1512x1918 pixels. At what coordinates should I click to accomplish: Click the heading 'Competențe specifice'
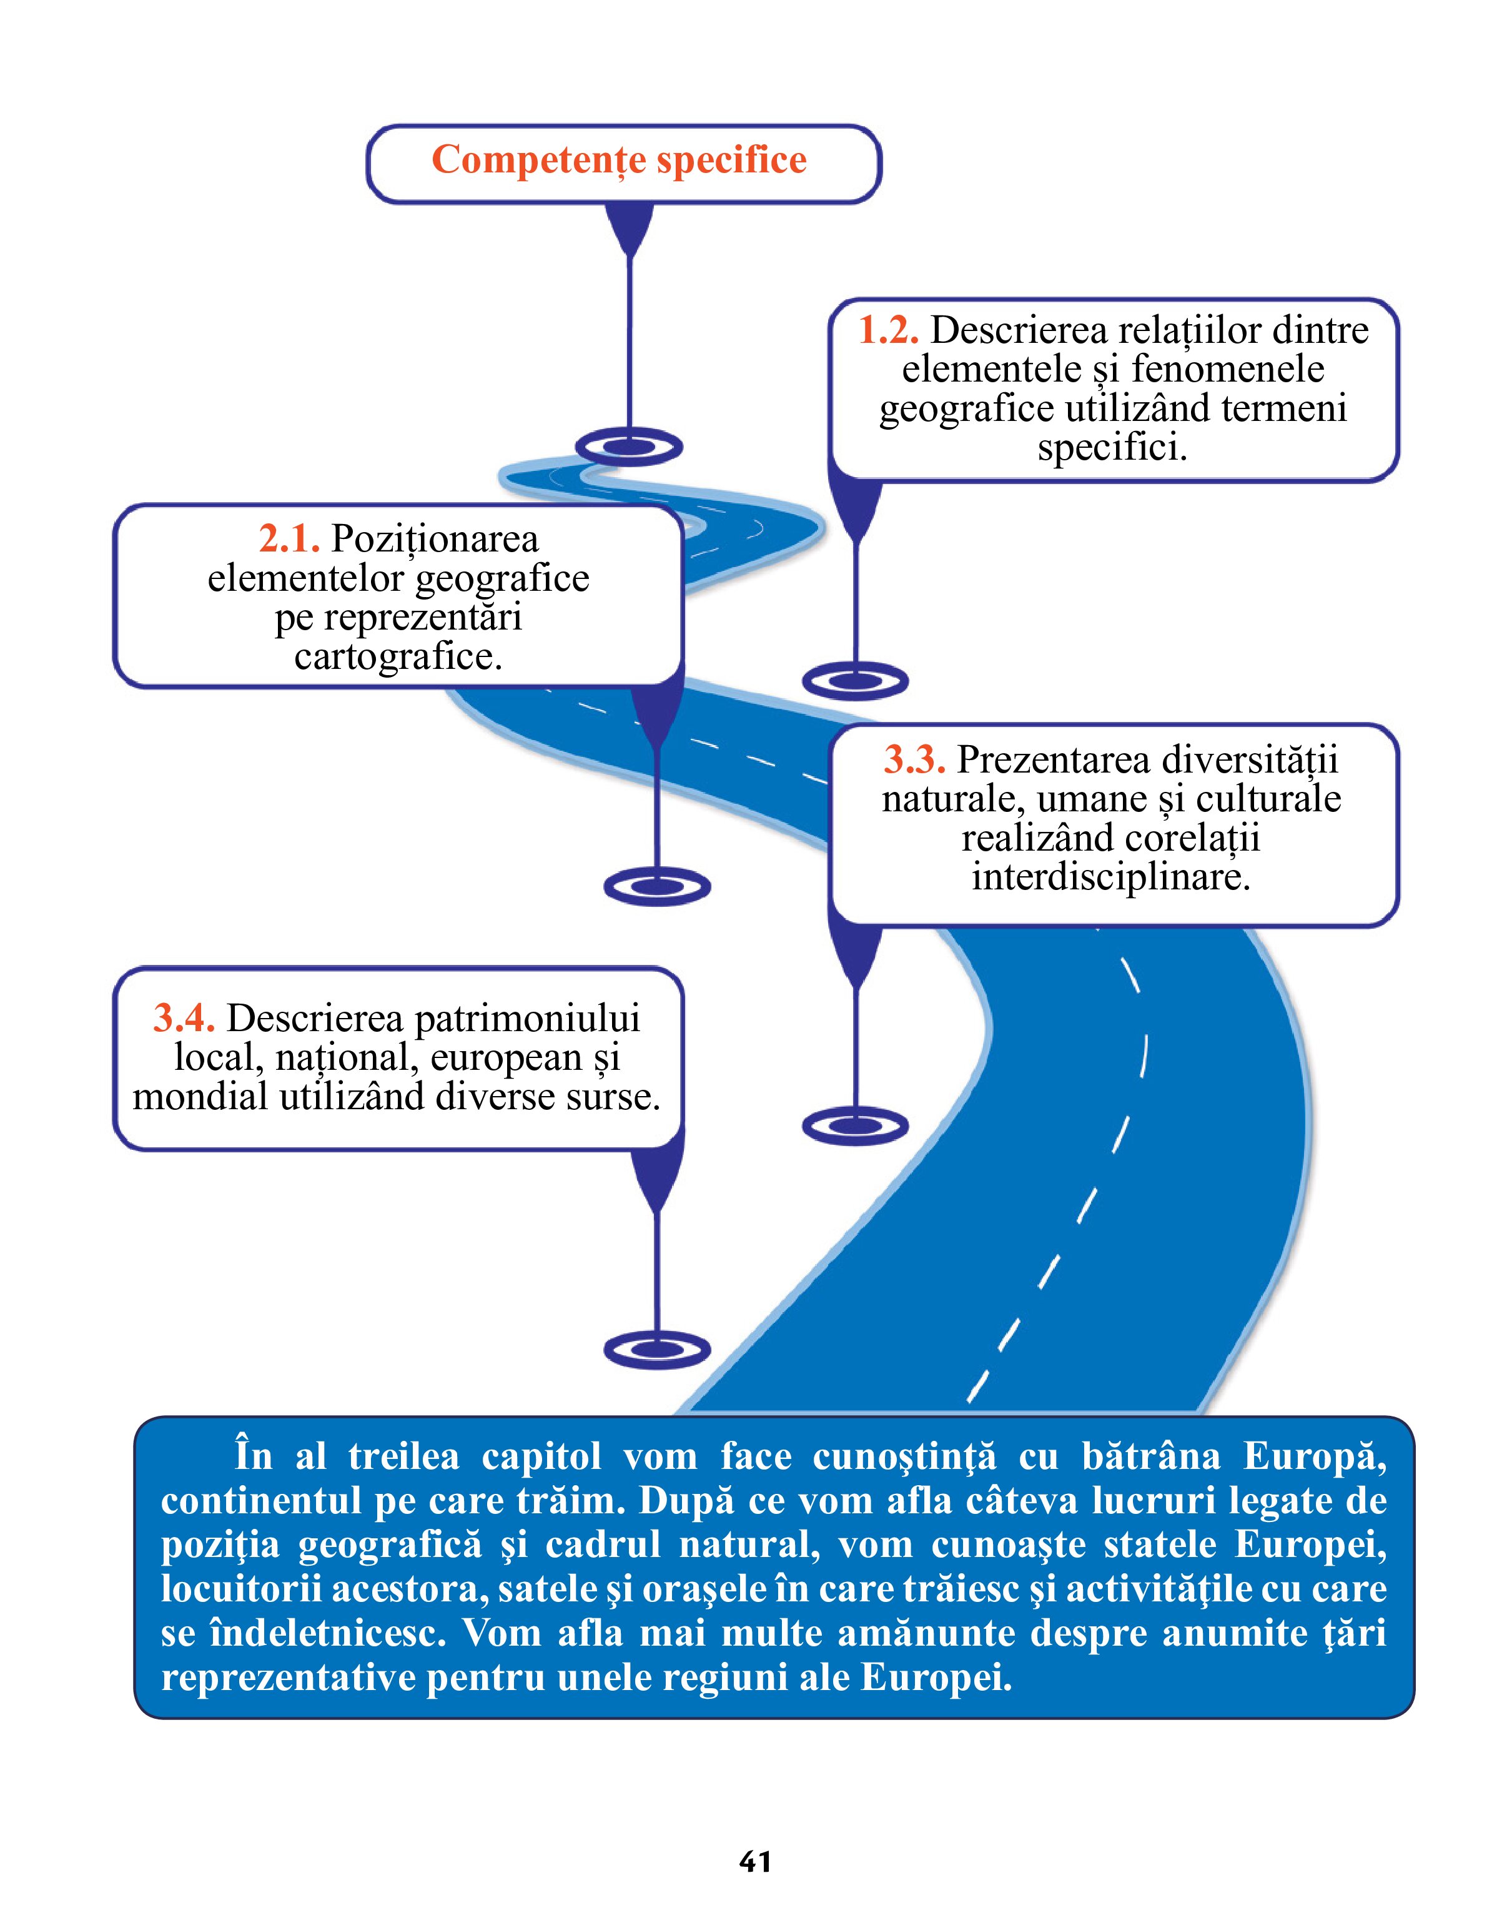pos(619,161)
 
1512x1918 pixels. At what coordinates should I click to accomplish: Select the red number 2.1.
pos(289,538)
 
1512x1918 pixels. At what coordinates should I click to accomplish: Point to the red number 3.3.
pos(914,759)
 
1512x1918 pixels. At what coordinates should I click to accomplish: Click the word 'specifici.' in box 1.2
pos(1112,447)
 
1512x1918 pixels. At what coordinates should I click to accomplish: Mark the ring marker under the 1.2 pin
pos(855,681)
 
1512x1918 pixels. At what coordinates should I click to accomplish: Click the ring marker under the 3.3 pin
pos(855,1126)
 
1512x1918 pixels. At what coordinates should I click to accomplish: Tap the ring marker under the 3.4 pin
pos(657,1350)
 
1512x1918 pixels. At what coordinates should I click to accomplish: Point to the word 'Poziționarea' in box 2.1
pos(434,538)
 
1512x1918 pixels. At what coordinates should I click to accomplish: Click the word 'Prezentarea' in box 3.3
pos(1054,759)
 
